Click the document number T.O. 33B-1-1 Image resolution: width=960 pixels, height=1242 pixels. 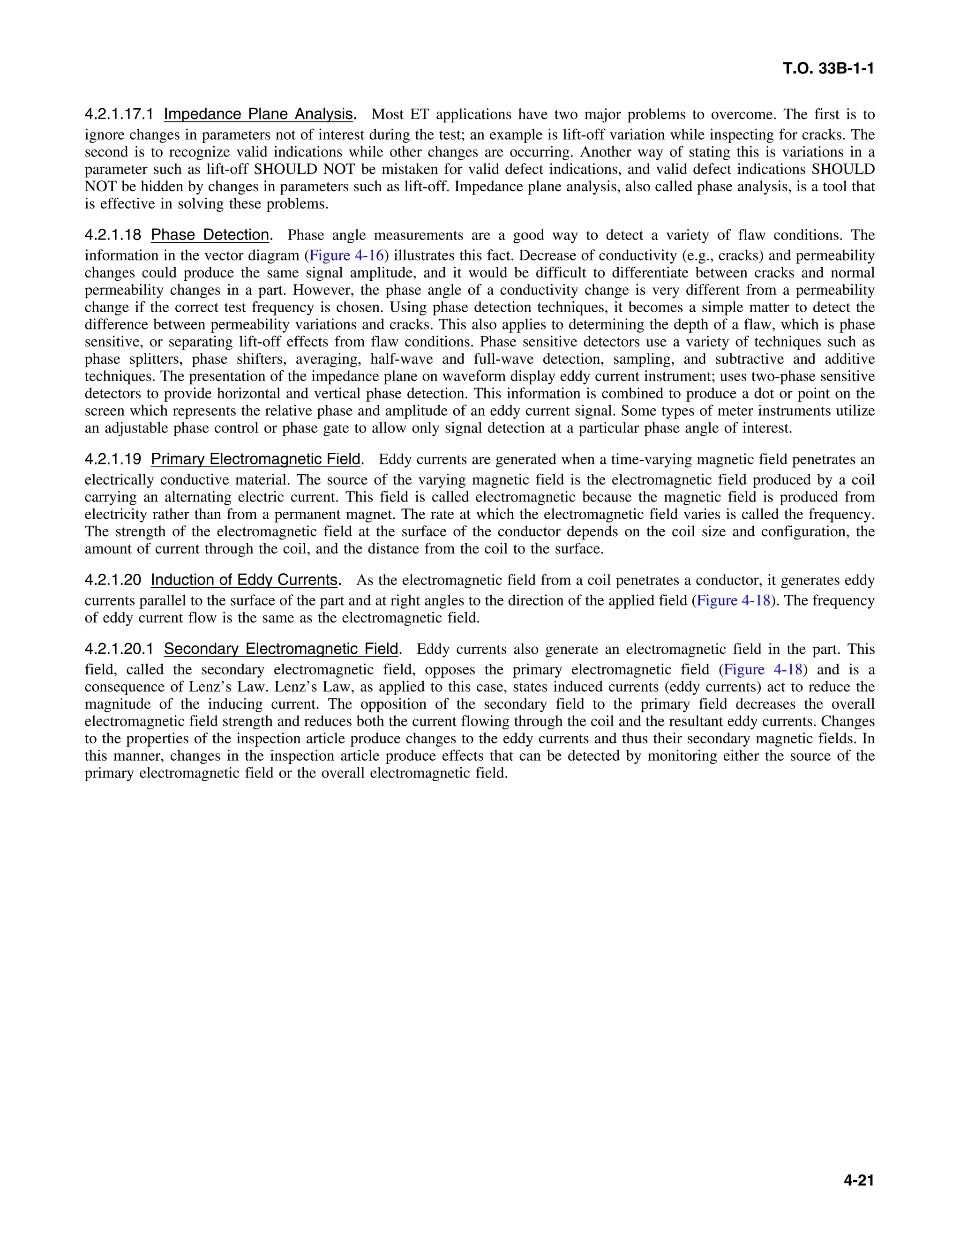click(x=828, y=69)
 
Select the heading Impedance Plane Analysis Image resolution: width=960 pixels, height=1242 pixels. click(x=258, y=114)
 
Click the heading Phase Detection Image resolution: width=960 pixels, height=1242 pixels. click(x=210, y=235)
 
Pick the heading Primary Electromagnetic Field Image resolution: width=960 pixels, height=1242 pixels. click(x=255, y=459)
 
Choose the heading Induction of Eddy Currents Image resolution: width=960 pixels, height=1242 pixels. click(x=244, y=580)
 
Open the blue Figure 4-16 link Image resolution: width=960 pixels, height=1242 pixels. click(x=346, y=255)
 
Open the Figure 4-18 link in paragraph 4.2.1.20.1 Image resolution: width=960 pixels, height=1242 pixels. click(x=763, y=669)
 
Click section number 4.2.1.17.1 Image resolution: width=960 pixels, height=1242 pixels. click(x=120, y=114)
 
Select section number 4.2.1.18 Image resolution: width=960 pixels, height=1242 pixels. click(x=113, y=235)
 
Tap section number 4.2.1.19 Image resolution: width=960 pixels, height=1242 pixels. click(x=113, y=459)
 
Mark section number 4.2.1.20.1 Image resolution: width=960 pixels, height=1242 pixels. click(x=120, y=649)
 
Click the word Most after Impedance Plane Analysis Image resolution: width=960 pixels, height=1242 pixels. click(x=387, y=114)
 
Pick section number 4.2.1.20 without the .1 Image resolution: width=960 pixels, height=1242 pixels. click(x=113, y=580)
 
